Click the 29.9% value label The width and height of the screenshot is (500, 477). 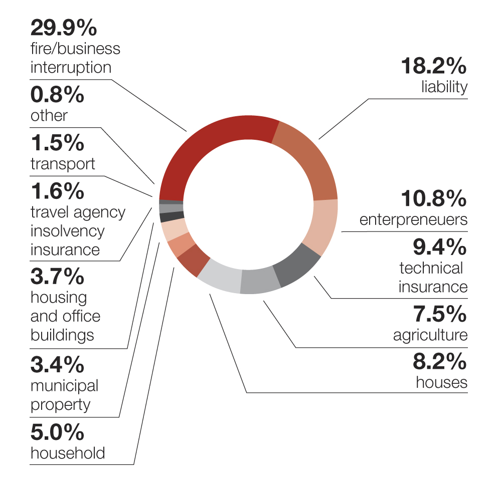64,28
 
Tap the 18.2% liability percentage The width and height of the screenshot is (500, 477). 434,67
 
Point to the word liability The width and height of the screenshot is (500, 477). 444,87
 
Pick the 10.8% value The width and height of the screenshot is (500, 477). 434,199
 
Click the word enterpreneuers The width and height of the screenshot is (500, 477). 414,219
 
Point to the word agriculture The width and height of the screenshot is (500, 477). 430,335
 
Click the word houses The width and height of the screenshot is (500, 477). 442,382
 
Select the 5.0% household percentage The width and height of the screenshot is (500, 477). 58,432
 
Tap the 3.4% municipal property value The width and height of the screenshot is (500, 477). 58,365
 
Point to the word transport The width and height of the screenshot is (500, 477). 63,164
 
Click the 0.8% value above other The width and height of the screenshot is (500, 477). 58,95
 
